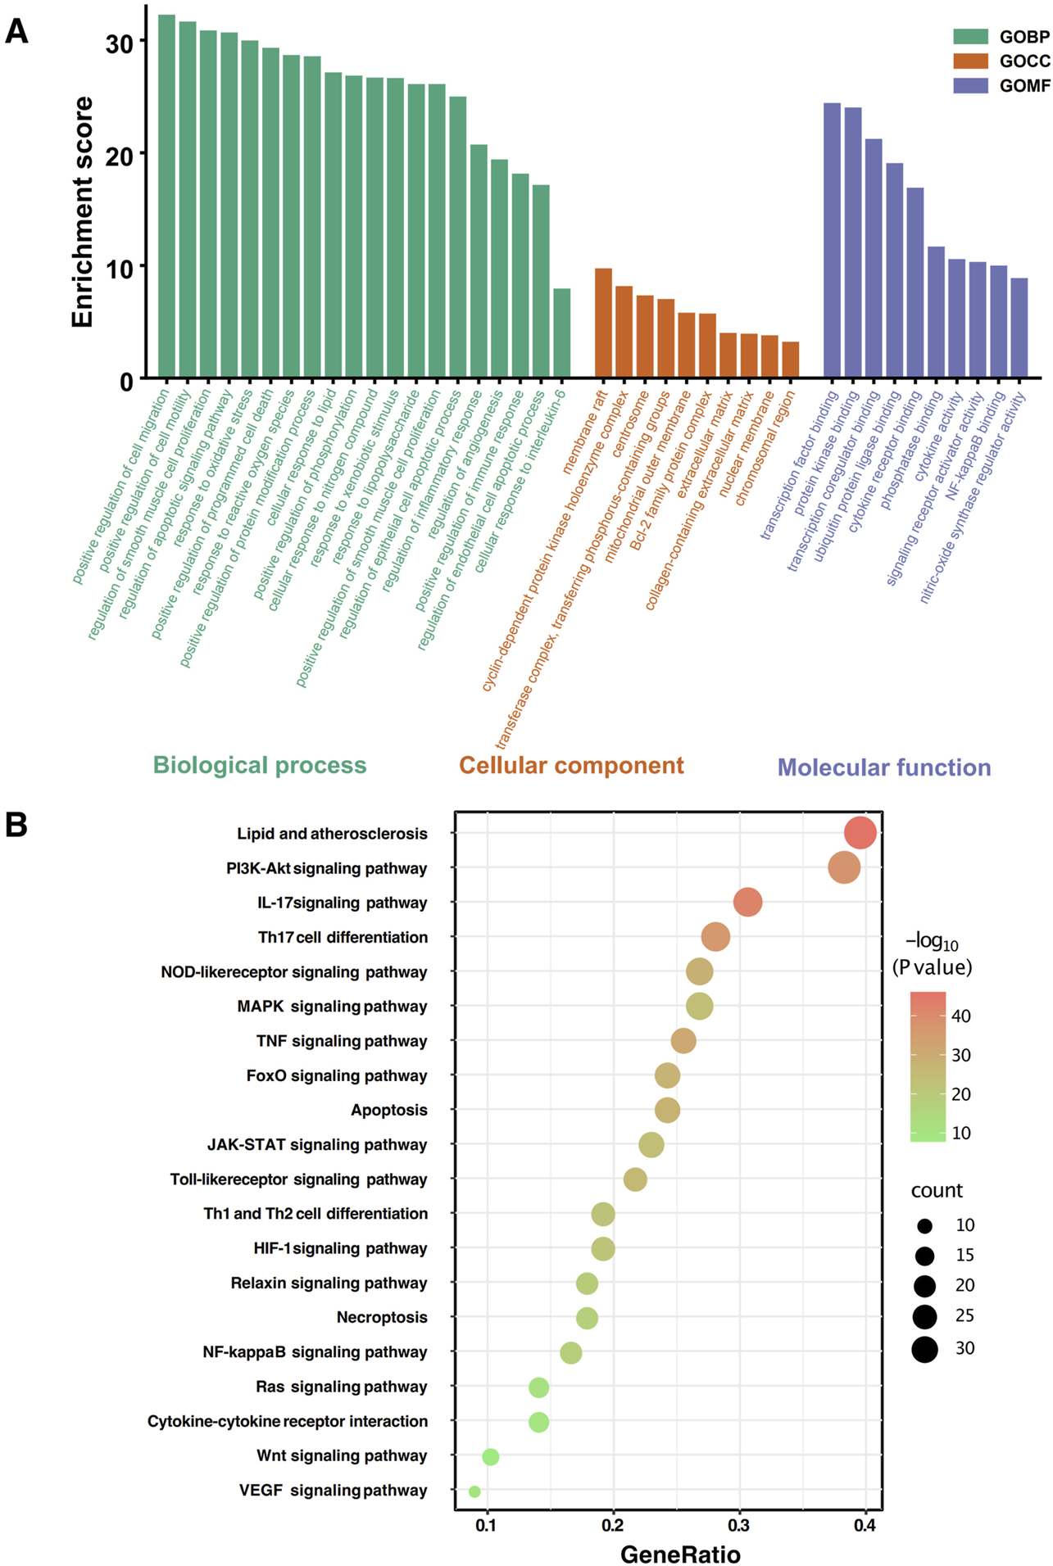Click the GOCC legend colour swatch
click(970, 61)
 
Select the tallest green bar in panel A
click(166, 197)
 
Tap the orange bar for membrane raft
click(603, 323)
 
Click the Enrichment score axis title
click(82, 213)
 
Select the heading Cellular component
click(571, 765)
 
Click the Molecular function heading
click(883, 767)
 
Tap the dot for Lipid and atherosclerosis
click(860, 833)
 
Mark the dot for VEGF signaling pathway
click(474, 1491)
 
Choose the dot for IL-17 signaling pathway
click(747, 903)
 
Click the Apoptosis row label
click(389, 1110)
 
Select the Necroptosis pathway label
click(382, 1317)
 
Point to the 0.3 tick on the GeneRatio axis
click(739, 1524)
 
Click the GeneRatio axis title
click(680, 1554)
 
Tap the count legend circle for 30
click(924, 1348)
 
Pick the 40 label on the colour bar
click(961, 1016)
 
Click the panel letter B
click(16, 825)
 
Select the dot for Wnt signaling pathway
click(490, 1456)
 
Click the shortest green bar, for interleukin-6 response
click(561, 333)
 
